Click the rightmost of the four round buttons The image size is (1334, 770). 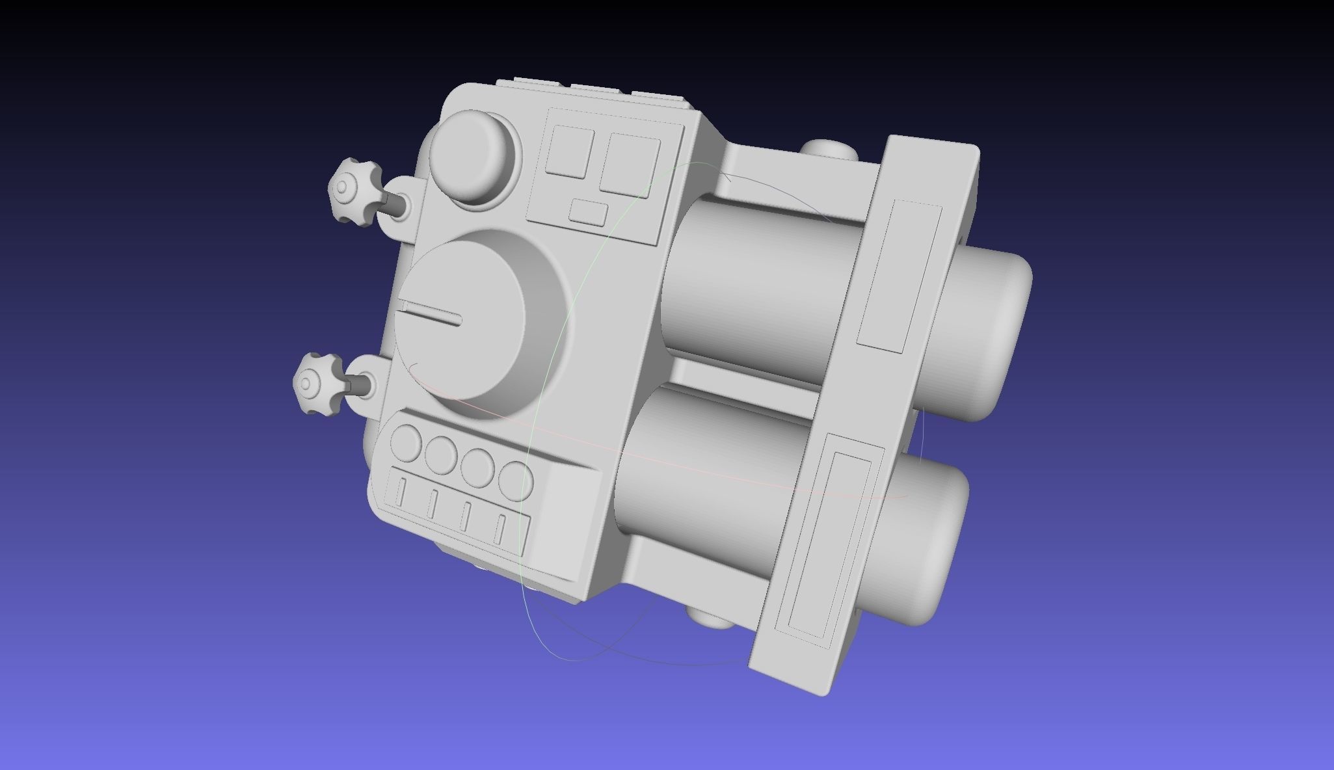[517, 481]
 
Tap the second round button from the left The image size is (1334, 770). [440, 453]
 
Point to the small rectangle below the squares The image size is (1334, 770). [588, 213]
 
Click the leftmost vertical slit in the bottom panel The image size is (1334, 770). [401, 492]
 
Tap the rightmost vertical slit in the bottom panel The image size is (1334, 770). [500, 527]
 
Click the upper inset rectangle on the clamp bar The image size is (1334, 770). [899, 276]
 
